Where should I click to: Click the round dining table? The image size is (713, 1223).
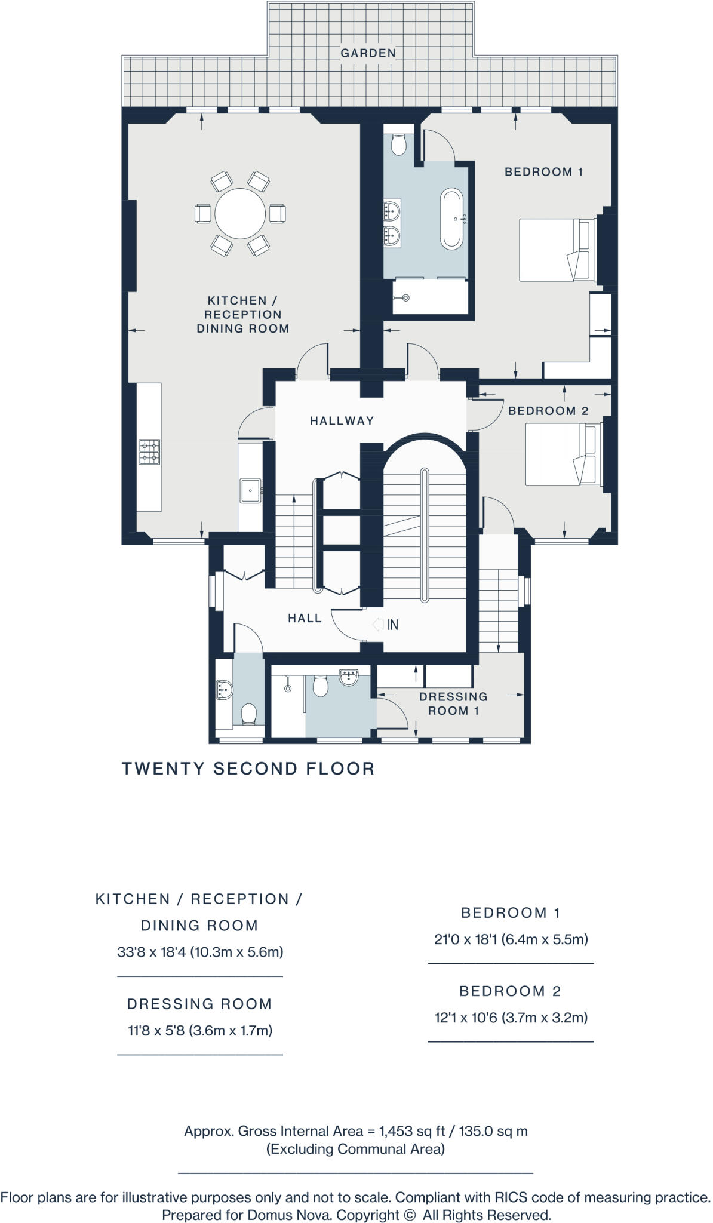point(240,214)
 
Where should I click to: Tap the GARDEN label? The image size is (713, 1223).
point(368,53)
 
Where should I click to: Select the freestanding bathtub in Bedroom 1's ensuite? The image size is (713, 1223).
point(451,219)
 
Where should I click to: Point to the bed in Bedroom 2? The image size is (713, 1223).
point(564,454)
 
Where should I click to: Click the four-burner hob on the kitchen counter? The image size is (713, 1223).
point(149,451)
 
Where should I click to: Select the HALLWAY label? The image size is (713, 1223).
point(342,421)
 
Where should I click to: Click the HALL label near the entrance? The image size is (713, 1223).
point(305,619)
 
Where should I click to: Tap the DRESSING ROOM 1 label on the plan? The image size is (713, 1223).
point(453,703)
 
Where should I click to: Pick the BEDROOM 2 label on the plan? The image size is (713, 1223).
point(548,411)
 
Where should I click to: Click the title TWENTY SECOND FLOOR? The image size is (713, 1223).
point(248,769)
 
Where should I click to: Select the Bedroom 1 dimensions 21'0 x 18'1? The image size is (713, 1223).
point(511,939)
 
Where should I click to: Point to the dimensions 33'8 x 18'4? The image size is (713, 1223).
point(200,952)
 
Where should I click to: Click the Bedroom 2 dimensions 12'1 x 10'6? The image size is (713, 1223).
point(511,1018)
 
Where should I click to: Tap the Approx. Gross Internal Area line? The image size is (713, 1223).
point(356,1131)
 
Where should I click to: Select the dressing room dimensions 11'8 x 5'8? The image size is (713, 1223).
point(200,1030)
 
